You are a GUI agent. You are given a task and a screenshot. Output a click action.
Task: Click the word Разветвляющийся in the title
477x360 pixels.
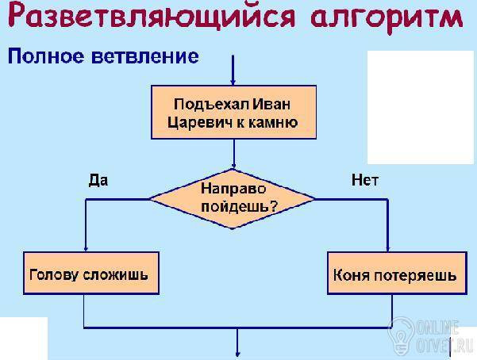151,17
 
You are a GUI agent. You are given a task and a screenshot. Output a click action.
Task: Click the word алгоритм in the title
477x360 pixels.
387,18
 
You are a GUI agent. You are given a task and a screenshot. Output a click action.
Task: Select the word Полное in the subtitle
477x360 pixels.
45,56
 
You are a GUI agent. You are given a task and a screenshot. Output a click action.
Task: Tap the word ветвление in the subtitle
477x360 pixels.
145,56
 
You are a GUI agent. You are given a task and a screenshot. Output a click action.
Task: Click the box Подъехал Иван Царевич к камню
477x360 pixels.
233,112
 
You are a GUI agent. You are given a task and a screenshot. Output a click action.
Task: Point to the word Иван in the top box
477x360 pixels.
271,105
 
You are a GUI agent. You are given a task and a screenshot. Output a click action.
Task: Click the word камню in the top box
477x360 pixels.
273,123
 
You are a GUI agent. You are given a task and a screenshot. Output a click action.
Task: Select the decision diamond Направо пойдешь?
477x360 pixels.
233,199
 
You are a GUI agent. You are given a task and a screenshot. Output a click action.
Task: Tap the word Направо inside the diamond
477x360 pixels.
233,190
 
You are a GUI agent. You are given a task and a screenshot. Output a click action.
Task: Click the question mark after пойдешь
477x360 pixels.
274,206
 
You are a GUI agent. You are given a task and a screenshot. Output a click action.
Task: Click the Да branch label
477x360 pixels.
98,180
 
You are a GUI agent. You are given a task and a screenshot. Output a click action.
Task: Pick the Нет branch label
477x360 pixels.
365,180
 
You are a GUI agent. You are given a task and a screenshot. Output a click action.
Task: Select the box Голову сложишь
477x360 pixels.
91,273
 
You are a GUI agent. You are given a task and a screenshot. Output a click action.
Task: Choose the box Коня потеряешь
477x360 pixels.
397,273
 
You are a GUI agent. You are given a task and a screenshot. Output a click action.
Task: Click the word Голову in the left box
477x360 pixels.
54,275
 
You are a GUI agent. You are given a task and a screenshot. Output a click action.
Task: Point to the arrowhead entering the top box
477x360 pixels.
233,82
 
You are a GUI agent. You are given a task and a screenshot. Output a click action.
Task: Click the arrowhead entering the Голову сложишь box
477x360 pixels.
86,248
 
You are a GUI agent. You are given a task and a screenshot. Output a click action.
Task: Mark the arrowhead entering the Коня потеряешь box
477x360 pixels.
387,248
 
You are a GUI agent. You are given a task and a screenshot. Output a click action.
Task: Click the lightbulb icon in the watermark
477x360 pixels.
402,335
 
